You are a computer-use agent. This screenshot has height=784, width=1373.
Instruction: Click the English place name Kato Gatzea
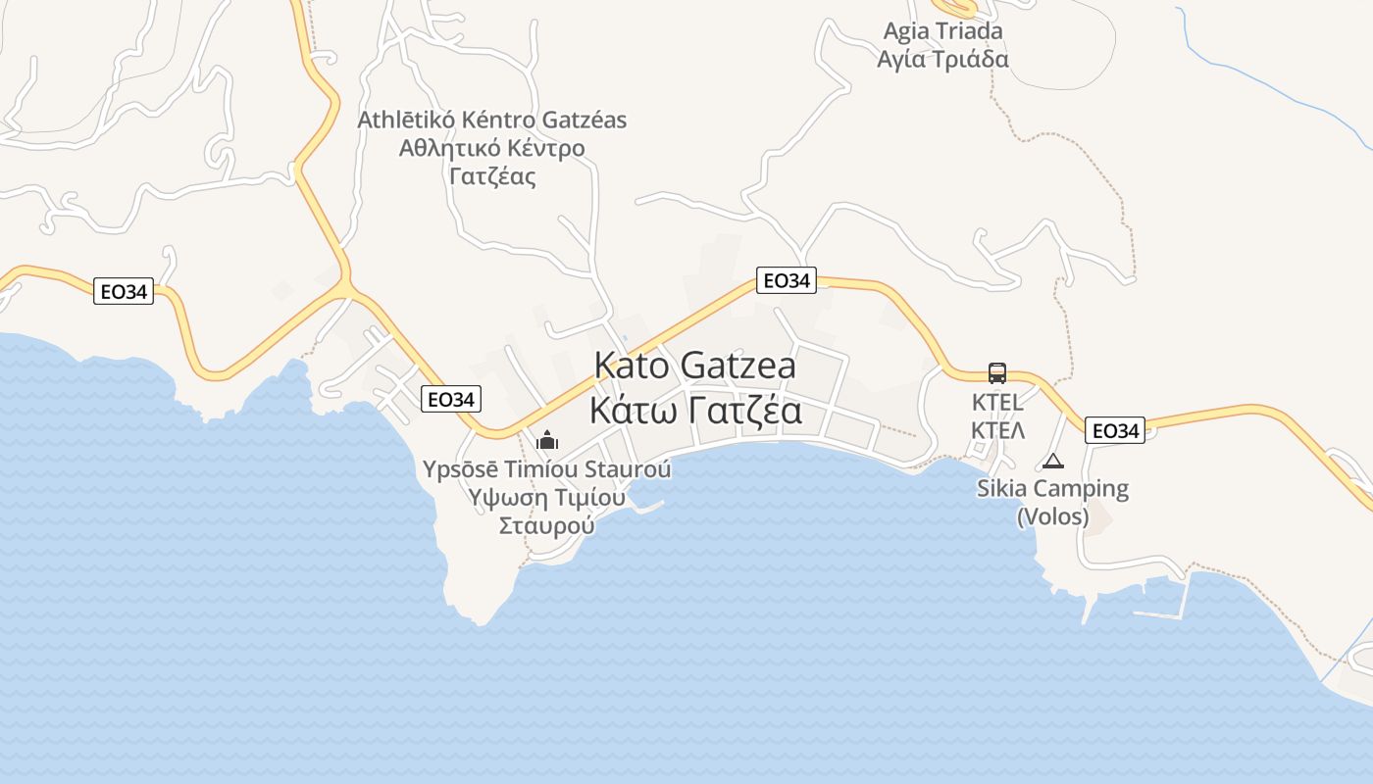[694, 366]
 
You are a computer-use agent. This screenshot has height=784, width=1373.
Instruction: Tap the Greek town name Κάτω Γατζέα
[694, 409]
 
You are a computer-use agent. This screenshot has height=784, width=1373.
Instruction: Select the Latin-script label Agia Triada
[942, 30]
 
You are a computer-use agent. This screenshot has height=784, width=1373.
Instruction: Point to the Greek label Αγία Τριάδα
[942, 59]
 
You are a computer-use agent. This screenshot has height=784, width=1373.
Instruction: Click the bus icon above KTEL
[997, 373]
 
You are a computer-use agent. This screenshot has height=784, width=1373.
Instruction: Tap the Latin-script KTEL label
[997, 402]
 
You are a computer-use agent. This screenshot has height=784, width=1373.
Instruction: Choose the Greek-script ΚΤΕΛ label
[997, 430]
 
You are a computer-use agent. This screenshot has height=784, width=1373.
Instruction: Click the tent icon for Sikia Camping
[1053, 461]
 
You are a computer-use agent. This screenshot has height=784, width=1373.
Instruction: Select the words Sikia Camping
[1052, 488]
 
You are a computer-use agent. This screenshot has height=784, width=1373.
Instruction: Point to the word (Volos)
[1052, 515]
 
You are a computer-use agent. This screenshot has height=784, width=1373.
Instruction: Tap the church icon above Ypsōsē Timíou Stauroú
[547, 440]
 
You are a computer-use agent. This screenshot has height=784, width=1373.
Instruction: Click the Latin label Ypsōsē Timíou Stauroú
[547, 469]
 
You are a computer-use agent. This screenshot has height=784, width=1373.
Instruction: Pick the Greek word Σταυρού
[547, 524]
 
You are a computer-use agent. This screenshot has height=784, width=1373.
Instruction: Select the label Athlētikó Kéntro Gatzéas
[491, 120]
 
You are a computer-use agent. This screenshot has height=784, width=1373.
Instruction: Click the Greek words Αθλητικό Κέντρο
[491, 148]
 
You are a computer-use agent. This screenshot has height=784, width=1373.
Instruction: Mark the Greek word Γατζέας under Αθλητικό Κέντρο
[491, 176]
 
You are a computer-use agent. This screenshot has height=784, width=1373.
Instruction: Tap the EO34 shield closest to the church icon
[451, 399]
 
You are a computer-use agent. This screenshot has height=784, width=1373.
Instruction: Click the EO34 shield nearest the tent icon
[1115, 430]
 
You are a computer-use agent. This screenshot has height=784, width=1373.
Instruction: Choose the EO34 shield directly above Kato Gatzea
[787, 280]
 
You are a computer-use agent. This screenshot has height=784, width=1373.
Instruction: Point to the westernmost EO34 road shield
[124, 291]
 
